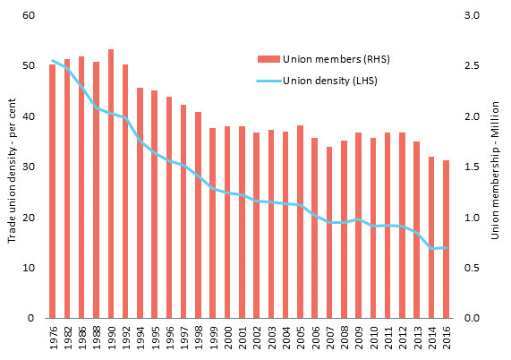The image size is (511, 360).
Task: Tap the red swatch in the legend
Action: tap(268, 60)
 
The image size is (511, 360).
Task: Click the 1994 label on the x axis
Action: tap(141, 339)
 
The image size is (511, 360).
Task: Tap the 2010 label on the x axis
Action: tap(373, 339)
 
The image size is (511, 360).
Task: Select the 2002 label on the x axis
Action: tap(257, 339)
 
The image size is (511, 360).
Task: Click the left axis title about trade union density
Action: tap(12, 169)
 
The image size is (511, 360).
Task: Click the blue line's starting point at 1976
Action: tap(53, 61)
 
